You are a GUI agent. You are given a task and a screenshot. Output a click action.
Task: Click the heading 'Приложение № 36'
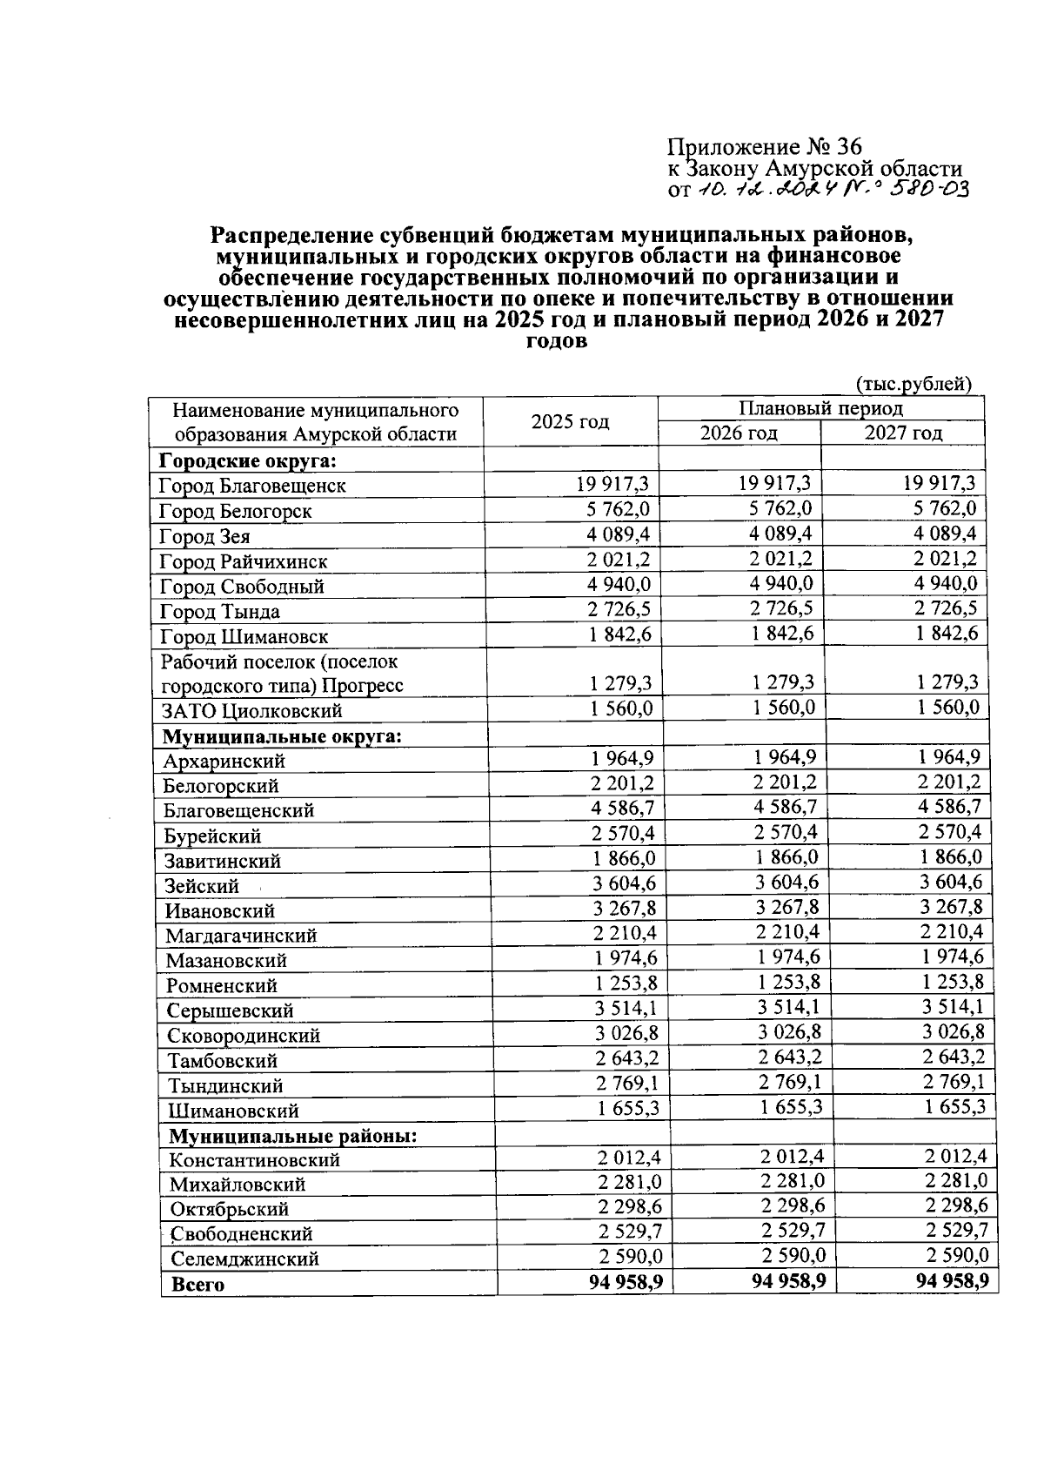pyautogui.click(x=764, y=146)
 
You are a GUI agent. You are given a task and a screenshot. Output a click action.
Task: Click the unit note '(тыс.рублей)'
pyautogui.click(x=913, y=384)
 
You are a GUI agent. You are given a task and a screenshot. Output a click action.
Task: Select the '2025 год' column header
pyautogui.click(x=570, y=422)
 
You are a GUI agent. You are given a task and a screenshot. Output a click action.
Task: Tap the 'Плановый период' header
pyautogui.click(x=820, y=408)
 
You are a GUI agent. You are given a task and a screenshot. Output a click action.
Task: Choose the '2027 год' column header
pyautogui.click(x=902, y=433)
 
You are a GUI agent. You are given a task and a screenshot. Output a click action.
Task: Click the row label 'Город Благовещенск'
pyautogui.click(x=252, y=486)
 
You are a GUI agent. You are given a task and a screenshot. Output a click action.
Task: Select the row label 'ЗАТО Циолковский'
pyautogui.click(x=252, y=711)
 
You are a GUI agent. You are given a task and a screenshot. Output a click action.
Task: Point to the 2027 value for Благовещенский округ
pyautogui.click(x=949, y=807)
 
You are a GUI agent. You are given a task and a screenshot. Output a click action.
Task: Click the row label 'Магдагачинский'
pyautogui.click(x=241, y=936)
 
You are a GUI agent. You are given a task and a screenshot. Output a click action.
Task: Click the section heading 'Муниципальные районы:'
pyautogui.click(x=292, y=1137)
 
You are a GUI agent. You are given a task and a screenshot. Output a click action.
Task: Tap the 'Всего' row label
pyautogui.click(x=197, y=1285)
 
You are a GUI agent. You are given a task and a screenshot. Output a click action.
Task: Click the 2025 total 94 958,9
pyautogui.click(x=626, y=1282)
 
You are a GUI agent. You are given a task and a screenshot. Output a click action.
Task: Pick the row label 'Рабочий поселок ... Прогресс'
pyautogui.click(x=281, y=674)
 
